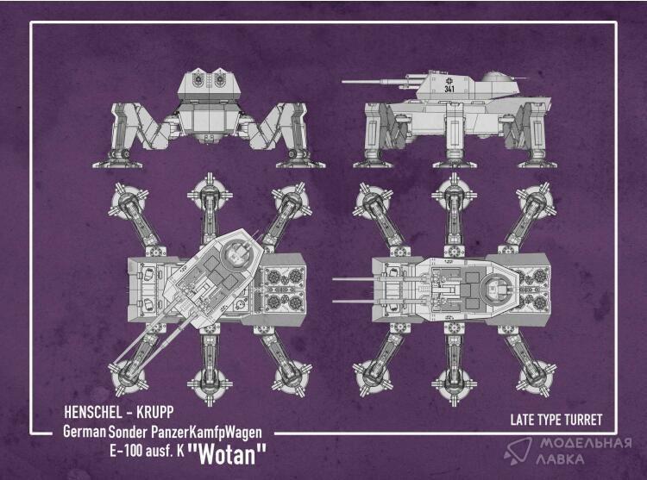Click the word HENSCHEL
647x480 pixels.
pos(93,413)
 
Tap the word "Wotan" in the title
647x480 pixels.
pos(227,453)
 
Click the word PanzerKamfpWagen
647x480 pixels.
pos(206,433)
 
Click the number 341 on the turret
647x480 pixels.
pos(449,89)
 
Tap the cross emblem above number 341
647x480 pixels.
pos(449,80)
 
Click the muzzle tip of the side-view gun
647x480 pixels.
pos(342,82)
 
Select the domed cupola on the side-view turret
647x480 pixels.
pos(496,77)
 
